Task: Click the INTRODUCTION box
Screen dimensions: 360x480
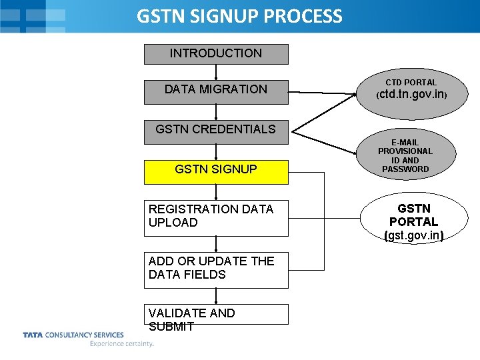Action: tap(216, 54)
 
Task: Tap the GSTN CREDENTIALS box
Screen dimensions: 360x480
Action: tap(216, 130)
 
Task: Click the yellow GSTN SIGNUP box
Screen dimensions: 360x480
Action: tap(216, 170)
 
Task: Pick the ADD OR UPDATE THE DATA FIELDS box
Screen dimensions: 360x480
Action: tap(216, 269)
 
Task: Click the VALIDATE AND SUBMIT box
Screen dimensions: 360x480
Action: tap(216, 315)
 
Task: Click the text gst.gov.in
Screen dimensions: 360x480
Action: tap(414, 235)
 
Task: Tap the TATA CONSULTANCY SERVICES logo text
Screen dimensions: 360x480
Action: tap(73, 335)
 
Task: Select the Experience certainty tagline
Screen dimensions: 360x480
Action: tap(121, 344)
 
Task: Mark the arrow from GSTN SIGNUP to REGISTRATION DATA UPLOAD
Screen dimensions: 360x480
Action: tap(216, 192)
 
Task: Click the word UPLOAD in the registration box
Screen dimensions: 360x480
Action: tap(173, 223)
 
